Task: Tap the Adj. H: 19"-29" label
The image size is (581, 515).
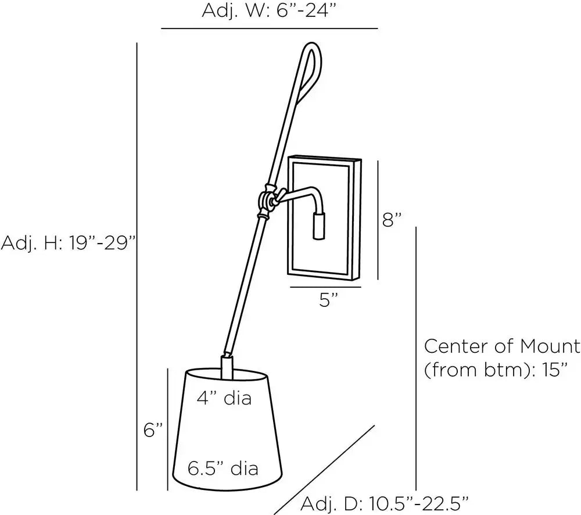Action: tap(69, 243)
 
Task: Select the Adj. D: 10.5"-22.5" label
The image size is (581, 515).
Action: tap(384, 503)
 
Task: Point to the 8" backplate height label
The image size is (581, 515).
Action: tap(392, 219)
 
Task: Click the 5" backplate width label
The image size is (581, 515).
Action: tap(328, 299)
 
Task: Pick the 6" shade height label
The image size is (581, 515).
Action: tap(153, 430)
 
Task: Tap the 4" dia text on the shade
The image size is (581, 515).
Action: tap(224, 398)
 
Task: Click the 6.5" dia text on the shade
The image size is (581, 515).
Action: tap(223, 468)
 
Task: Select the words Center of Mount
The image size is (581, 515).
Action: tap(502, 346)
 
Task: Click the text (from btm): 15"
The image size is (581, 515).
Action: tap(496, 370)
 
